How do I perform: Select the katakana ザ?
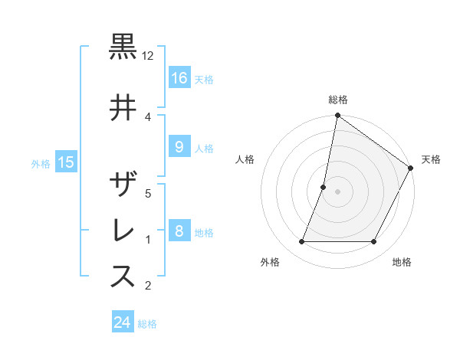pos(123,185)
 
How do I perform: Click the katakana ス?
pos(123,277)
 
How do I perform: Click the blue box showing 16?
pos(179,78)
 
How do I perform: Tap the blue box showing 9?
pos(179,147)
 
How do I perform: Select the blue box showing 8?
pos(179,231)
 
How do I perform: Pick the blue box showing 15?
pos(66,162)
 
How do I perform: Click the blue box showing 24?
pos(123,322)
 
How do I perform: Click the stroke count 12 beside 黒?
pos(148,56)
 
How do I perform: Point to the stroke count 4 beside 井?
pos(148,116)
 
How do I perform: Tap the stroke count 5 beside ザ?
pos(148,194)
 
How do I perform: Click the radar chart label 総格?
pos(338,100)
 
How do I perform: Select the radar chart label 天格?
pos(431,159)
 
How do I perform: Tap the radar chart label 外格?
pos(270,262)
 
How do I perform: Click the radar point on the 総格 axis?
pos(338,116)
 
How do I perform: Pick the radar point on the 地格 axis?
pos(374,242)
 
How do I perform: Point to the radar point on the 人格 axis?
pos(324,187)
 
